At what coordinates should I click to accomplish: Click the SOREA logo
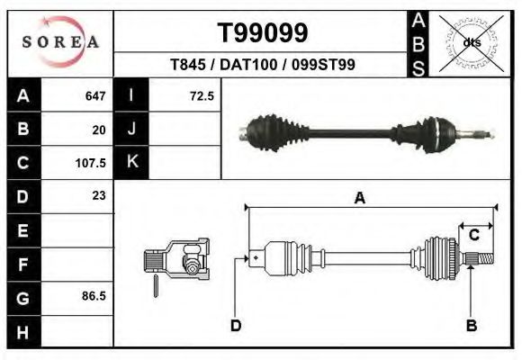click(x=60, y=42)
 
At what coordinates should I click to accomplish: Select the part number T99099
click(x=263, y=32)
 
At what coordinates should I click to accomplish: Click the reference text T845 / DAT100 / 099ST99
click(x=263, y=65)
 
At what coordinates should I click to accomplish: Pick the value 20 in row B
click(x=99, y=130)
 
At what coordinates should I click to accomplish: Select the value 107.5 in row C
click(x=93, y=164)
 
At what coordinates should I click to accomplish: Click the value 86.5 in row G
click(x=94, y=295)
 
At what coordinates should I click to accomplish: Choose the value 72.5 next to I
click(x=202, y=95)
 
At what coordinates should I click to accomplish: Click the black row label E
click(x=23, y=229)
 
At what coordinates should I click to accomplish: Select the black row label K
click(x=131, y=163)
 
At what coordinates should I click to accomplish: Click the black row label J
click(x=131, y=129)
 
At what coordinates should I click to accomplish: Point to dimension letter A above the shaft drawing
click(x=360, y=199)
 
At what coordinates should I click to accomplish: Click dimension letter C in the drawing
click(x=473, y=236)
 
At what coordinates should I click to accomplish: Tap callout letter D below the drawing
click(x=236, y=326)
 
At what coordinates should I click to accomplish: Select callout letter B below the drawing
click(x=471, y=326)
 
